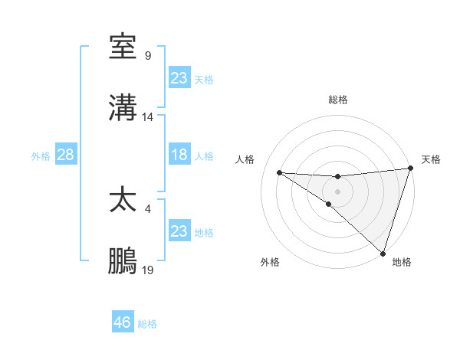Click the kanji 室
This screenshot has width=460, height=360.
[x=123, y=47]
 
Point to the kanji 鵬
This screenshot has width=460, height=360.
[x=123, y=261]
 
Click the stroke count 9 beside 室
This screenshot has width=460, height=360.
[x=148, y=55]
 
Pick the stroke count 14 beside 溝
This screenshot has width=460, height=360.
[x=148, y=117]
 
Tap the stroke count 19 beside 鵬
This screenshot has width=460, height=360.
[x=148, y=270]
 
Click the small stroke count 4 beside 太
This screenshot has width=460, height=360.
[x=148, y=208]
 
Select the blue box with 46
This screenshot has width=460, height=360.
[x=123, y=322]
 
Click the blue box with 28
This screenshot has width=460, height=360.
[x=66, y=155]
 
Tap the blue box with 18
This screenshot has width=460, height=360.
[x=179, y=155]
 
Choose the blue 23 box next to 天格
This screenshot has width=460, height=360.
[x=179, y=78]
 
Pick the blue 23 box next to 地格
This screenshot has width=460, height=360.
[x=179, y=231]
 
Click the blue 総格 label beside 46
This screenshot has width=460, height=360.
[x=147, y=324]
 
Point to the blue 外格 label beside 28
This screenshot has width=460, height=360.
[x=41, y=156]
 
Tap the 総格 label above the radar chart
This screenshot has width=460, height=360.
[x=337, y=100]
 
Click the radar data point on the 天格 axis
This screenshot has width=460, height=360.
[x=410, y=169]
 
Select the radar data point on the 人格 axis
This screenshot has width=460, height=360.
[x=280, y=172]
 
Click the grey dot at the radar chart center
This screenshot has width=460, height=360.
[x=337, y=191]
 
